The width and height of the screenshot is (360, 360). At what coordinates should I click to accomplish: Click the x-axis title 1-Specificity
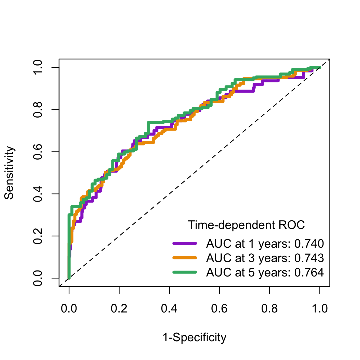click(194, 338)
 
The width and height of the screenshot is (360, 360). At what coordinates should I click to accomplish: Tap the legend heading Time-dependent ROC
click(246, 225)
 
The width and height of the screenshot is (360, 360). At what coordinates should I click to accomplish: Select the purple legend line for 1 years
click(185, 244)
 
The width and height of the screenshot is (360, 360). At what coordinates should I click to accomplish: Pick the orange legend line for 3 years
click(185, 258)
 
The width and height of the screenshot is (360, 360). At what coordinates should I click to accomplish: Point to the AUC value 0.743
click(309, 258)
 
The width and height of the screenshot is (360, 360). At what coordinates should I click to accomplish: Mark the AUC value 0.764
click(309, 273)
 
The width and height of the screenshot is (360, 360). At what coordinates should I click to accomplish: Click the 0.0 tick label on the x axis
click(69, 309)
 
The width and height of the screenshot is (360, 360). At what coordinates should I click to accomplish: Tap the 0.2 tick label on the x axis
click(119, 309)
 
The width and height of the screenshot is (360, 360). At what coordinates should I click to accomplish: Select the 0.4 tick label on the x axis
click(169, 309)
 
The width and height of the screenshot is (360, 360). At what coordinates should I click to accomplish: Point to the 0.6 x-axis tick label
click(219, 309)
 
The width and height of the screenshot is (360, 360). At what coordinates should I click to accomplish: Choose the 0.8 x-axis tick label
click(269, 309)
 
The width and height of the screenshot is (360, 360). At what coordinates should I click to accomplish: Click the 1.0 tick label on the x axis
click(320, 309)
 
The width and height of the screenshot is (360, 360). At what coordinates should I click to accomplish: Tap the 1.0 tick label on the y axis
click(39, 67)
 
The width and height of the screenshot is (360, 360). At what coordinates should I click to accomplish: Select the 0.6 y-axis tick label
click(39, 152)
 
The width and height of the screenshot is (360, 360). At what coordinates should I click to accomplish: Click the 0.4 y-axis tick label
click(39, 194)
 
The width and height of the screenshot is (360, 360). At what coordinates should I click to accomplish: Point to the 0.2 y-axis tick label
click(39, 236)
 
